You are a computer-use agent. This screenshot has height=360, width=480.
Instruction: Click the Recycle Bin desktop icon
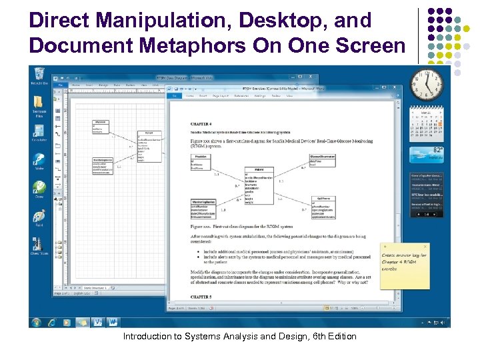(39, 75)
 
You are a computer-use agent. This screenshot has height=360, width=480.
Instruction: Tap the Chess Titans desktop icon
(39, 244)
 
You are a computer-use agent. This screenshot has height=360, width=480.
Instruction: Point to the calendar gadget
(427, 123)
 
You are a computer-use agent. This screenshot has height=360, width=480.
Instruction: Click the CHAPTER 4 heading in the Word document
(202, 123)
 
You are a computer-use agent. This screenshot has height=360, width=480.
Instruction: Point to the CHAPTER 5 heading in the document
(202, 296)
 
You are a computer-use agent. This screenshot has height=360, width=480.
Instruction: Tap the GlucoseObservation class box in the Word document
(323, 160)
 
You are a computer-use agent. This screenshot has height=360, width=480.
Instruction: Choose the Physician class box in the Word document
(202, 161)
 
